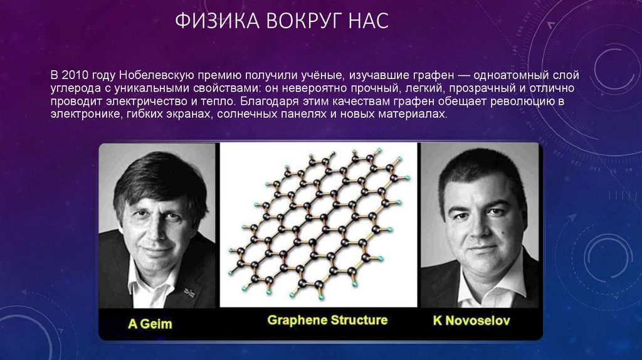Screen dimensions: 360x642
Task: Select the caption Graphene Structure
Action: [x=327, y=320]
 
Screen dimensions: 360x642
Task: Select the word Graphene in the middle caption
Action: [x=293, y=320]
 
